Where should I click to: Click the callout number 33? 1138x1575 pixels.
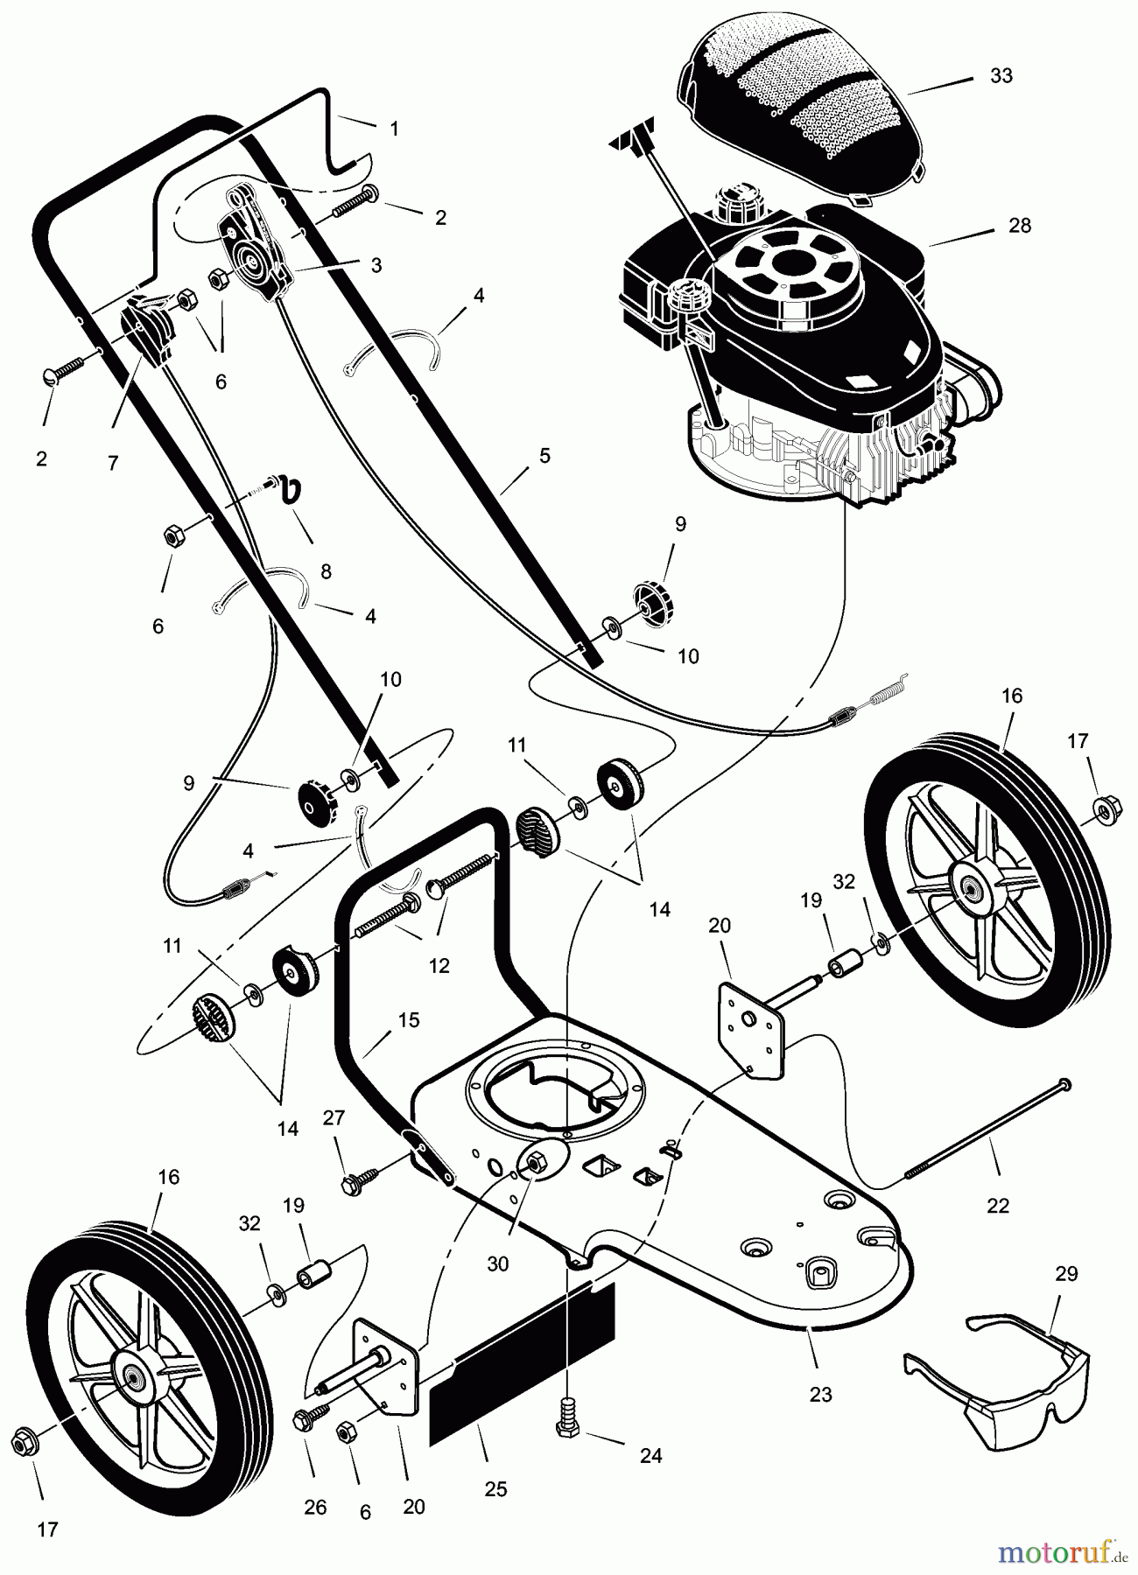click(x=1001, y=76)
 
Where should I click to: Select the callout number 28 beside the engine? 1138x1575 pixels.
click(x=1019, y=226)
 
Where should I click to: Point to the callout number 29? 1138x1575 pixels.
click(x=1066, y=1274)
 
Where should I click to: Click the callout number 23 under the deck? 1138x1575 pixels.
click(x=820, y=1394)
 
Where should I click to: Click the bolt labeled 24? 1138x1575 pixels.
click(x=567, y=1423)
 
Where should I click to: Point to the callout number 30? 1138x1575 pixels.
click(x=497, y=1264)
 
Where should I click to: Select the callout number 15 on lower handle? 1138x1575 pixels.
click(x=408, y=1020)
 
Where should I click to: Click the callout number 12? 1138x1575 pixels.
click(x=439, y=965)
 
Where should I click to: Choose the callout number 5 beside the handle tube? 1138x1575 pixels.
click(x=544, y=456)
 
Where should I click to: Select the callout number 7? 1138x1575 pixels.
click(x=113, y=464)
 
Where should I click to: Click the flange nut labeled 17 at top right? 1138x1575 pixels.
click(x=1105, y=811)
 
